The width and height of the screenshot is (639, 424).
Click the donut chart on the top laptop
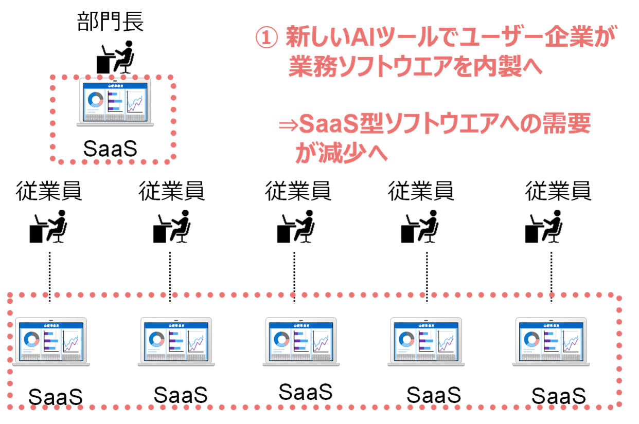tap(95, 100)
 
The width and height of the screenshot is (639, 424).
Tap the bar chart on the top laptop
tap(115, 101)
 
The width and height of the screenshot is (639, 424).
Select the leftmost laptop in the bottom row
tap(51, 341)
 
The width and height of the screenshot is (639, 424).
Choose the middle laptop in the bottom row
tap(301, 341)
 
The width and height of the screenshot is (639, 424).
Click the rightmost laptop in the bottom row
tap(551, 341)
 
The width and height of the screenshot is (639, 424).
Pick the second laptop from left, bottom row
tap(176, 341)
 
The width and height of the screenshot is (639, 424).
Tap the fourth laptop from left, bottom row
tap(426, 341)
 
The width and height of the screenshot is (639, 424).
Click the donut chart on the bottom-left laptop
tap(31, 339)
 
